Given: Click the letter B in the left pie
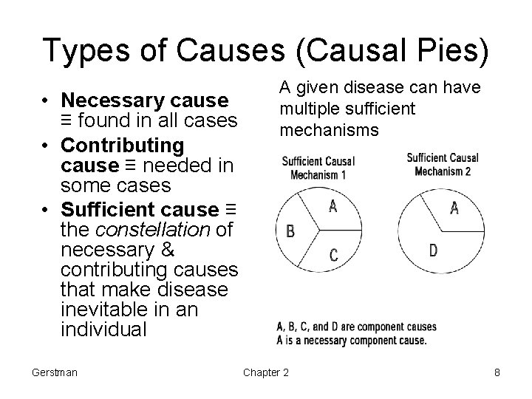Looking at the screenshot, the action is pos(290,232).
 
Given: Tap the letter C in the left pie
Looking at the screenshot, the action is pos(333,256).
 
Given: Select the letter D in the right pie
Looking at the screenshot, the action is pos(433,250).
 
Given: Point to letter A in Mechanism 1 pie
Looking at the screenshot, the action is pos(333,208).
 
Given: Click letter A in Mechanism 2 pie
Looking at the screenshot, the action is pos(454,208).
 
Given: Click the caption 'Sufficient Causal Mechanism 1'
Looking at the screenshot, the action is pos(318,168).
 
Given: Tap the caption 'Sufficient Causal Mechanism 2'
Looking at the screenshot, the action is pos(443,164).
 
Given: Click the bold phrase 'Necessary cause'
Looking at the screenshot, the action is pos(146,100).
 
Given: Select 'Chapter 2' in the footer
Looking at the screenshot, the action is pos(266,372).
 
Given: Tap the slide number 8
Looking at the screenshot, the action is pos(497,372).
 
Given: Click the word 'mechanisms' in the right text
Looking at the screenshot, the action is pos(329,131).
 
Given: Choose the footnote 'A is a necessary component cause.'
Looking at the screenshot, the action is pos(351,341).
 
